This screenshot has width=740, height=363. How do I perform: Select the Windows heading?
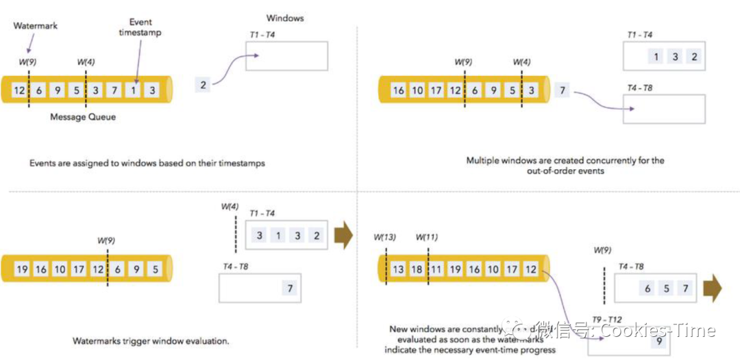(284, 18)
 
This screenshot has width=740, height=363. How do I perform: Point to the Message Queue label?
(83, 117)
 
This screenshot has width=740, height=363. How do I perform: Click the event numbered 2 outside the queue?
(203, 84)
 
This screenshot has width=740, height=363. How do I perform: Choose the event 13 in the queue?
(398, 269)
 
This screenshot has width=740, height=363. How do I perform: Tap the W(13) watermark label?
(385, 238)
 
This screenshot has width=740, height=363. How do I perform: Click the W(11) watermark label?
(427, 238)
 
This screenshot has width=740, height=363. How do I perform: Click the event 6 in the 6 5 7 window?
(647, 289)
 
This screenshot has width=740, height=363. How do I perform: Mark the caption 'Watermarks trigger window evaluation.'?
(151, 340)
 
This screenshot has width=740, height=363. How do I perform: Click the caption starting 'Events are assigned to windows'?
(147, 164)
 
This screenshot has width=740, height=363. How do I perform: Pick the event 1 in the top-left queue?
(134, 90)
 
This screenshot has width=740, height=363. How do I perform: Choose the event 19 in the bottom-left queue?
(22, 269)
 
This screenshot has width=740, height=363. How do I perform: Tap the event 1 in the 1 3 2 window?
(656, 57)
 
